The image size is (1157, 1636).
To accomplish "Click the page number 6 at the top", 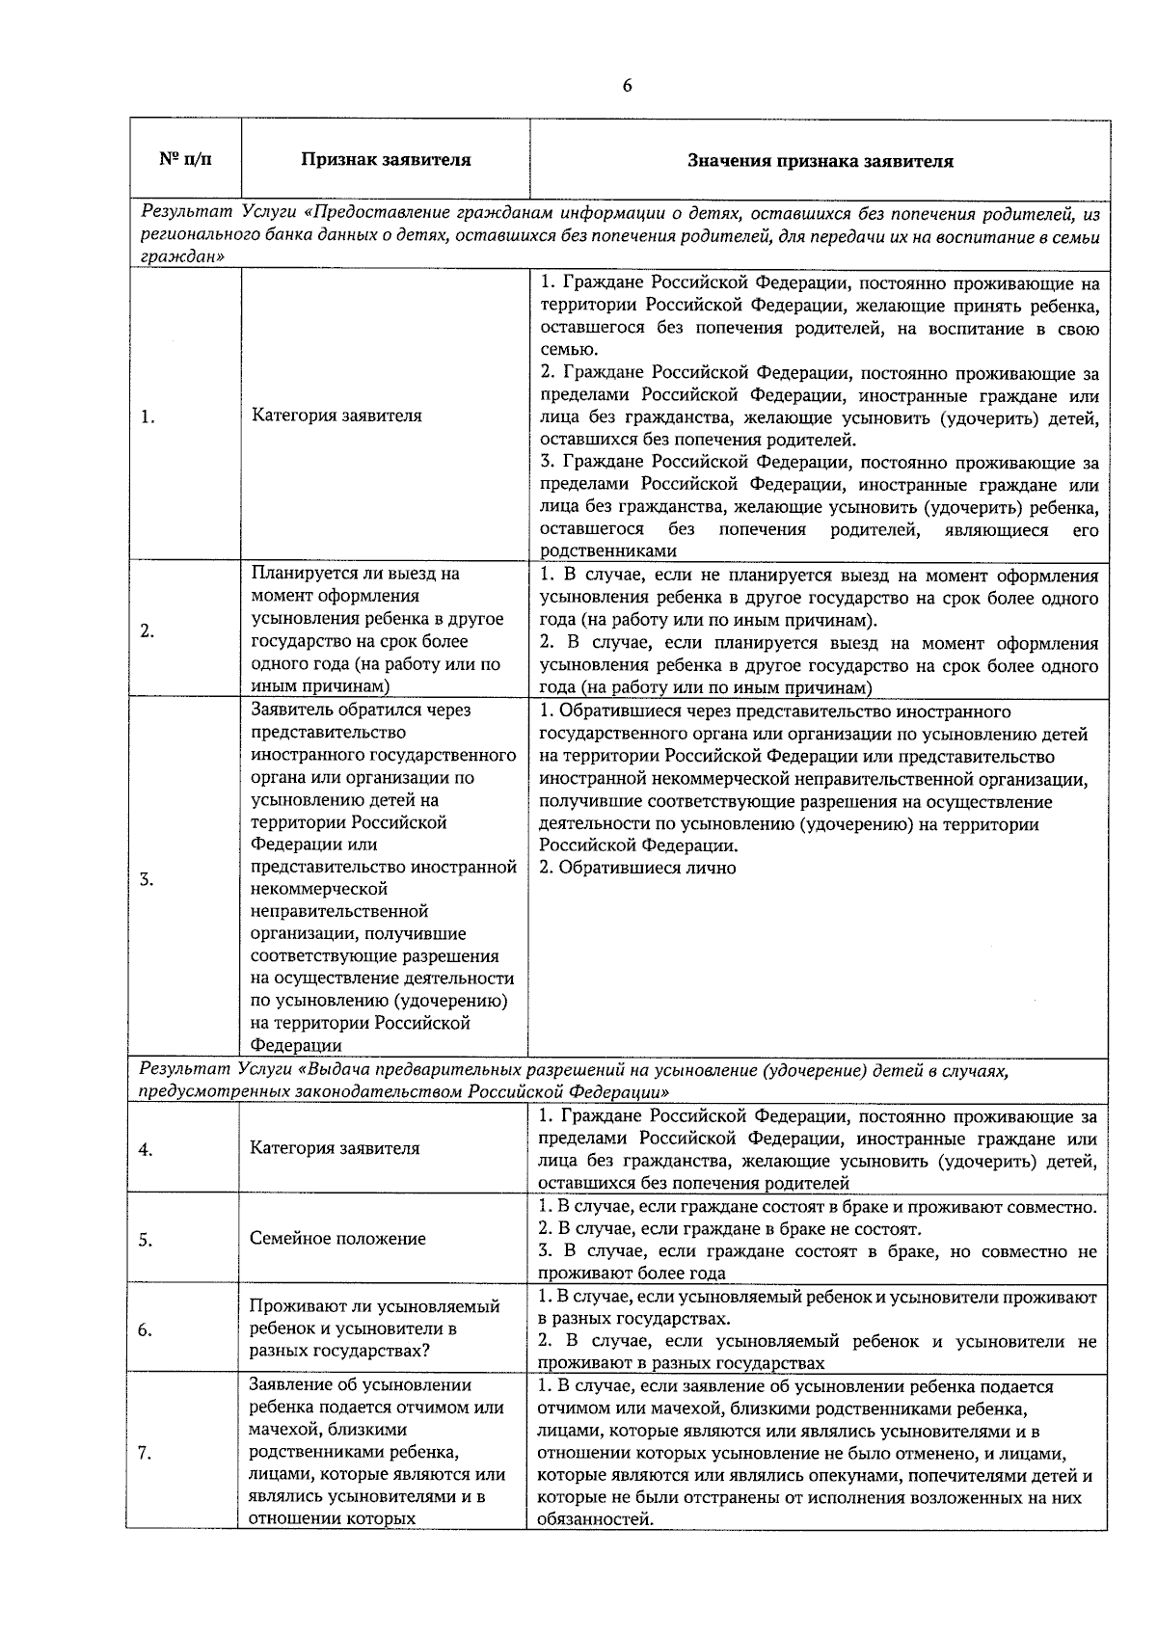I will (x=627, y=86).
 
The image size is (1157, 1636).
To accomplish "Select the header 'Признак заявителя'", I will (x=385, y=160).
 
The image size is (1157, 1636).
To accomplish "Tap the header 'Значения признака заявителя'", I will (x=820, y=161).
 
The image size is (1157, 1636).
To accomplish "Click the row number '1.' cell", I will (x=148, y=417).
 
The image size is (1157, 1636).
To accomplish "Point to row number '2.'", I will (x=148, y=631).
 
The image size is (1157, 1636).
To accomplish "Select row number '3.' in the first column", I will (x=148, y=879).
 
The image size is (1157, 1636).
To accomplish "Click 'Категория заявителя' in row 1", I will (x=336, y=416).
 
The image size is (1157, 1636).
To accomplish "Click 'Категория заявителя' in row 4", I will (x=335, y=1148).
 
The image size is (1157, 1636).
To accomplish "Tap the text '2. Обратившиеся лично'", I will (x=637, y=868).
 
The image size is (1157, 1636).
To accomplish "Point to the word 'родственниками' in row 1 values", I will (x=607, y=551).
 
